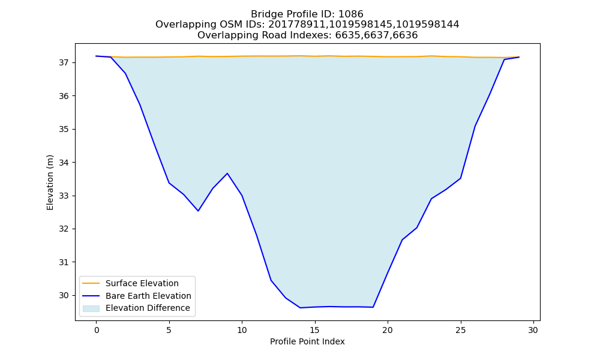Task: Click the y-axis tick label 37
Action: [x=64, y=63]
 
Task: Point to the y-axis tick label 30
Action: [x=64, y=296]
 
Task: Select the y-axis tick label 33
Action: [x=64, y=196]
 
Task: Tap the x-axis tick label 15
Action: [x=314, y=330]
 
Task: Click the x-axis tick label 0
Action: [x=97, y=330]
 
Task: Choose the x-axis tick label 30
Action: [x=533, y=330]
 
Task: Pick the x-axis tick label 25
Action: [x=460, y=330]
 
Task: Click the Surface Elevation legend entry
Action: [x=130, y=283]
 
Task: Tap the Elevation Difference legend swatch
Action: [x=91, y=308]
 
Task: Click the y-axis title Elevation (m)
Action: [x=50, y=182]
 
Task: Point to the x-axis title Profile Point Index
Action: [x=307, y=341]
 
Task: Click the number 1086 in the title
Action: [x=351, y=14]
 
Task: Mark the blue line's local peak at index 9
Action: [x=227, y=173]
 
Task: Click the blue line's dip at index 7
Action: [x=198, y=211]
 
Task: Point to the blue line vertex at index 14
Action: [x=300, y=308]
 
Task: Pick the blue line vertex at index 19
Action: [x=373, y=307]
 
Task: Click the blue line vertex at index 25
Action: [x=460, y=178]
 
